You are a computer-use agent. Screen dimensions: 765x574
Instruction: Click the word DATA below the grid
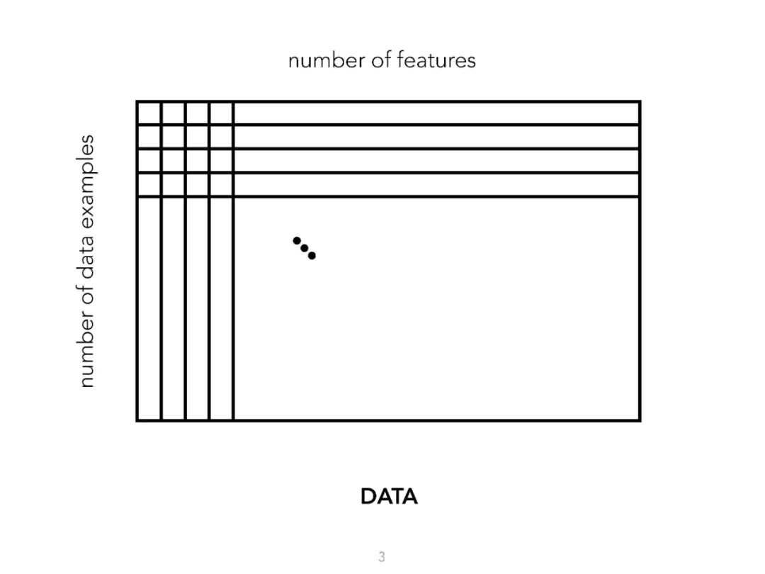(x=389, y=497)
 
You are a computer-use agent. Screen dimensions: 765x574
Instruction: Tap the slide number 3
(x=382, y=557)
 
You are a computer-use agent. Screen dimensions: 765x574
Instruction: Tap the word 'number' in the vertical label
(x=86, y=350)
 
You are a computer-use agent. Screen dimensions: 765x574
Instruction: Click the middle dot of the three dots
(x=305, y=248)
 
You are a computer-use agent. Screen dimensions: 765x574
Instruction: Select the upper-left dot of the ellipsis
(x=297, y=240)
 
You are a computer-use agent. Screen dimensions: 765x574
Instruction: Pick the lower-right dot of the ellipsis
(x=312, y=256)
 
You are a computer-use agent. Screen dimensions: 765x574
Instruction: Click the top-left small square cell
(x=149, y=113)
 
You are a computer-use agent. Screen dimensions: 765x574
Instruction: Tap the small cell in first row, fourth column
(x=221, y=113)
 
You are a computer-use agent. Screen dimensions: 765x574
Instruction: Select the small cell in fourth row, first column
(x=149, y=185)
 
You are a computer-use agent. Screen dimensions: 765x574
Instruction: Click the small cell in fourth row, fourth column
(x=221, y=185)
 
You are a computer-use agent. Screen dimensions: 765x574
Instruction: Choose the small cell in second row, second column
(x=174, y=137)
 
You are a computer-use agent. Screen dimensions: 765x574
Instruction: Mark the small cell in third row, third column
(x=197, y=161)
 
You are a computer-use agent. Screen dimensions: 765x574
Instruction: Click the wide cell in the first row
(x=436, y=113)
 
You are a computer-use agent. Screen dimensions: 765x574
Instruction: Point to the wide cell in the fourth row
(x=436, y=185)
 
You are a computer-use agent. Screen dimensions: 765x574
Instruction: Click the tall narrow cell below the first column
(x=149, y=308)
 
